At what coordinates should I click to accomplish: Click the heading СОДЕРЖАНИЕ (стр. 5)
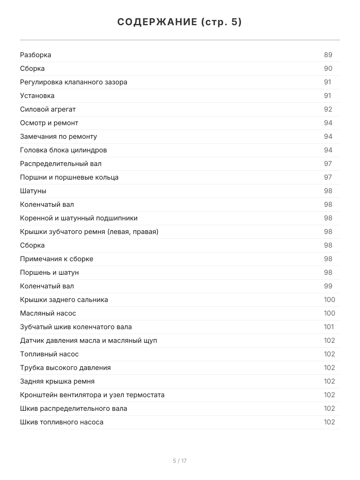click(180, 22)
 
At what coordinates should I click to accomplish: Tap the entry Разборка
click(36, 55)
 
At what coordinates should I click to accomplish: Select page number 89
click(328, 55)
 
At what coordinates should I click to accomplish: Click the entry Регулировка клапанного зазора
click(74, 82)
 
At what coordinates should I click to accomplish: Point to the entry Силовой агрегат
click(48, 109)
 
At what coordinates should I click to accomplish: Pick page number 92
click(328, 109)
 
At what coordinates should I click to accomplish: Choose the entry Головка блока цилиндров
click(63, 150)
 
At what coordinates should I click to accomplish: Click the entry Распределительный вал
click(61, 164)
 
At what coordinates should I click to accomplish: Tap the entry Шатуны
click(33, 191)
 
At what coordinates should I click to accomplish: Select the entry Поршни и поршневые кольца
click(69, 177)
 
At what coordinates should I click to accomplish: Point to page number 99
click(328, 286)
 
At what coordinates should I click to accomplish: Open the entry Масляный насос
click(48, 313)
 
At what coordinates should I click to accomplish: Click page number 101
click(329, 327)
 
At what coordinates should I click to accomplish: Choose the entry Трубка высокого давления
click(65, 368)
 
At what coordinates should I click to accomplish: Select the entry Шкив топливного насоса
click(62, 422)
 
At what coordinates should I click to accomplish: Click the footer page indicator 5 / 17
click(180, 461)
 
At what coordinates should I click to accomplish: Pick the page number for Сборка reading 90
click(328, 68)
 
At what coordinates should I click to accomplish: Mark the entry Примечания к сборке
click(56, 259)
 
